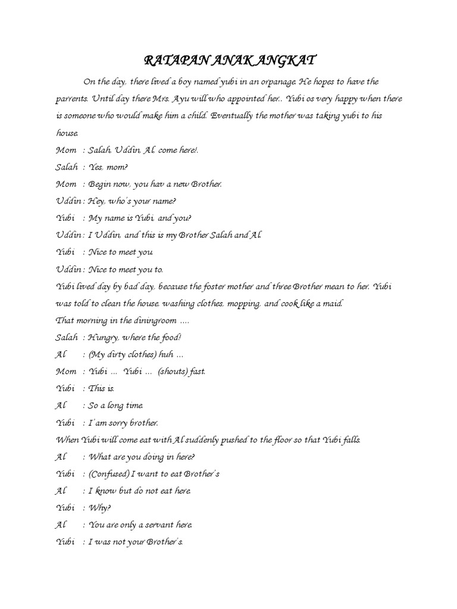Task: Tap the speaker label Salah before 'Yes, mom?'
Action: [67, 168]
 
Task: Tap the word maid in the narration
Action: [331, 304]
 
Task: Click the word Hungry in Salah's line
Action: [104, 338]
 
